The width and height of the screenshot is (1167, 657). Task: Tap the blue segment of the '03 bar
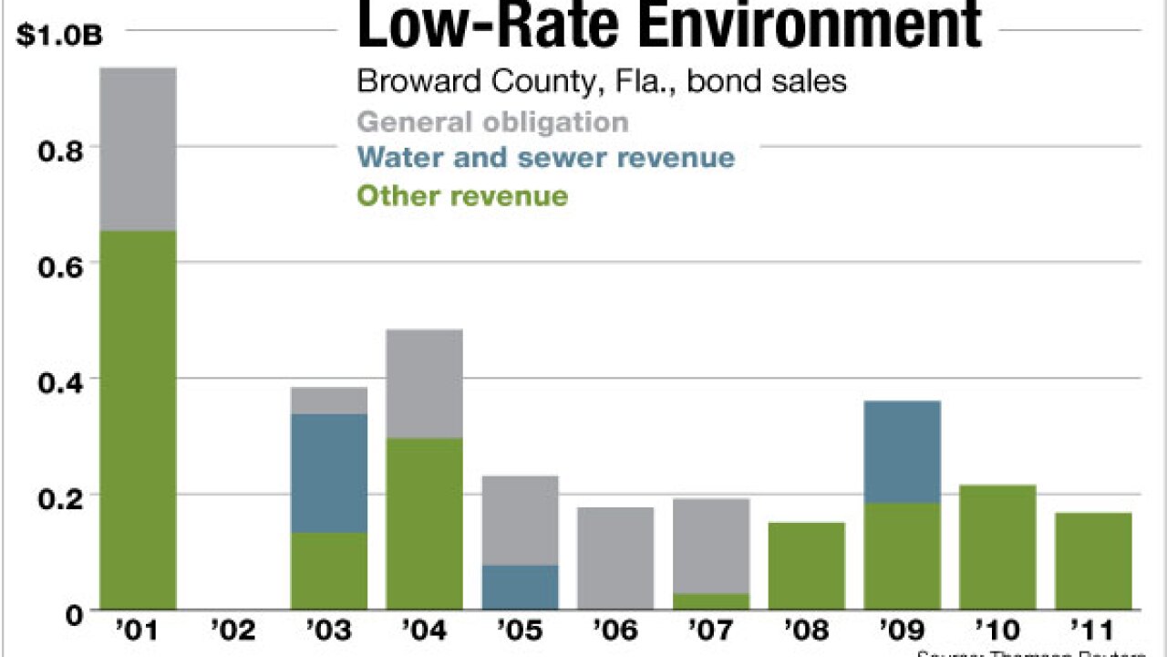point(329,473)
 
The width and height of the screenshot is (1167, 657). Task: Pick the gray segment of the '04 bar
point(424,383)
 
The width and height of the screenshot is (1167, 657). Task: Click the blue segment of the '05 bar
point(520,587)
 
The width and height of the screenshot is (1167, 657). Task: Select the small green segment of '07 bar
point(711,601)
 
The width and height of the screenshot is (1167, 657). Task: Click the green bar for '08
point(807,566)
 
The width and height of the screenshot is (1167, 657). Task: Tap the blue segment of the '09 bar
point(902,452)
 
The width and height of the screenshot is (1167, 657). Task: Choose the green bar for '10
point(997,547)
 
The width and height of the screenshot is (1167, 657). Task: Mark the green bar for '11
point(1093,561)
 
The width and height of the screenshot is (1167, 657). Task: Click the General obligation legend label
point(492,121)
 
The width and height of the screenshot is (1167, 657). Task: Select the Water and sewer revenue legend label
point(545,157)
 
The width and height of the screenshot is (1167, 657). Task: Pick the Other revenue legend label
point(462,195)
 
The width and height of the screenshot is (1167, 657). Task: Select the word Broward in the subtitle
point(410,80)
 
